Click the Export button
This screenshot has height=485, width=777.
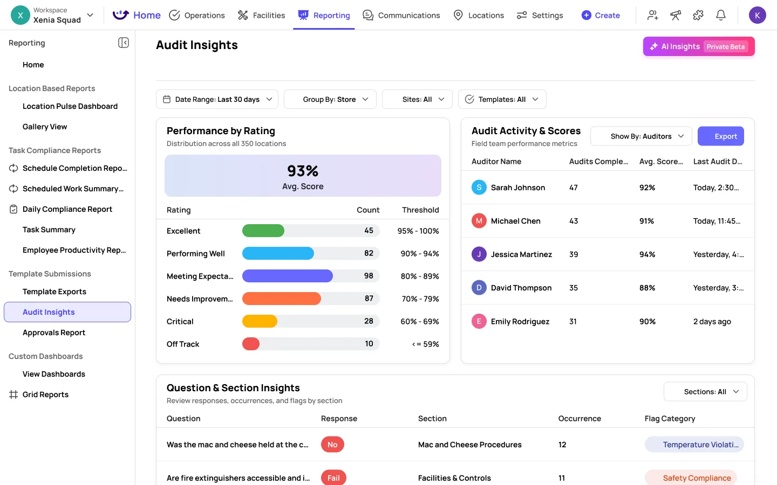pyautogui.click(x=720, y=136)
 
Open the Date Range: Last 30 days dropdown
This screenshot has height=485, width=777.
pyautogui.click(x=217, y=99)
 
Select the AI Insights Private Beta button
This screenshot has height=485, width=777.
pyautogui.click(x=698, y=46)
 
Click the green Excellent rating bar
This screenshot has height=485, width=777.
pyautogui.click(x=263, y=231)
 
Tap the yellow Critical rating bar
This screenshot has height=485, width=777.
pyautogui.click(x=260, y=321)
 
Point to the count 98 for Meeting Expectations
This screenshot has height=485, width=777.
pyautogui.click(x=369, y=276)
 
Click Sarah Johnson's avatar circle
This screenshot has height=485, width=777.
pyautogui.click(x=479, y=188)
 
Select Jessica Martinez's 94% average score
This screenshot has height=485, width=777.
pyautogui.click(x=647, y=254)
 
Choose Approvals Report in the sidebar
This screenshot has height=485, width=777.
pyautogui.click(x=54, y=332)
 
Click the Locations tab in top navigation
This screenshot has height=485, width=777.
pyautogui.click(x=479, y=15)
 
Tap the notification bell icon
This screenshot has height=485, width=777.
pyautogui.click(x=720, y=15)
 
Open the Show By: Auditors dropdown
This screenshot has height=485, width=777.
pyautogui.click(x=641, y=136)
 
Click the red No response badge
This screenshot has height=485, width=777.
pyautogui.click(x=332, y=445)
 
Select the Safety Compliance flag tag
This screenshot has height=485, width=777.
pyautogui.click(x=696, y=478)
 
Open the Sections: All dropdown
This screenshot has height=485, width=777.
pyautogui.click(x=705, y=392)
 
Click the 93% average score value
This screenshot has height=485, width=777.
pyautogui.click(x=303, y=171)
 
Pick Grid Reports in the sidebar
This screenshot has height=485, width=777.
pyautogui.click(x=45, y=394)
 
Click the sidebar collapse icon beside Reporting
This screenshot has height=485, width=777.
pyautogui.click(x=124, y=43)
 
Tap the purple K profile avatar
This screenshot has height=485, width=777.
pyautogui.click(x=757, y=15)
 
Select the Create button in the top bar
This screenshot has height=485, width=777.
pyautogui.click(x=601, y=15)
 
